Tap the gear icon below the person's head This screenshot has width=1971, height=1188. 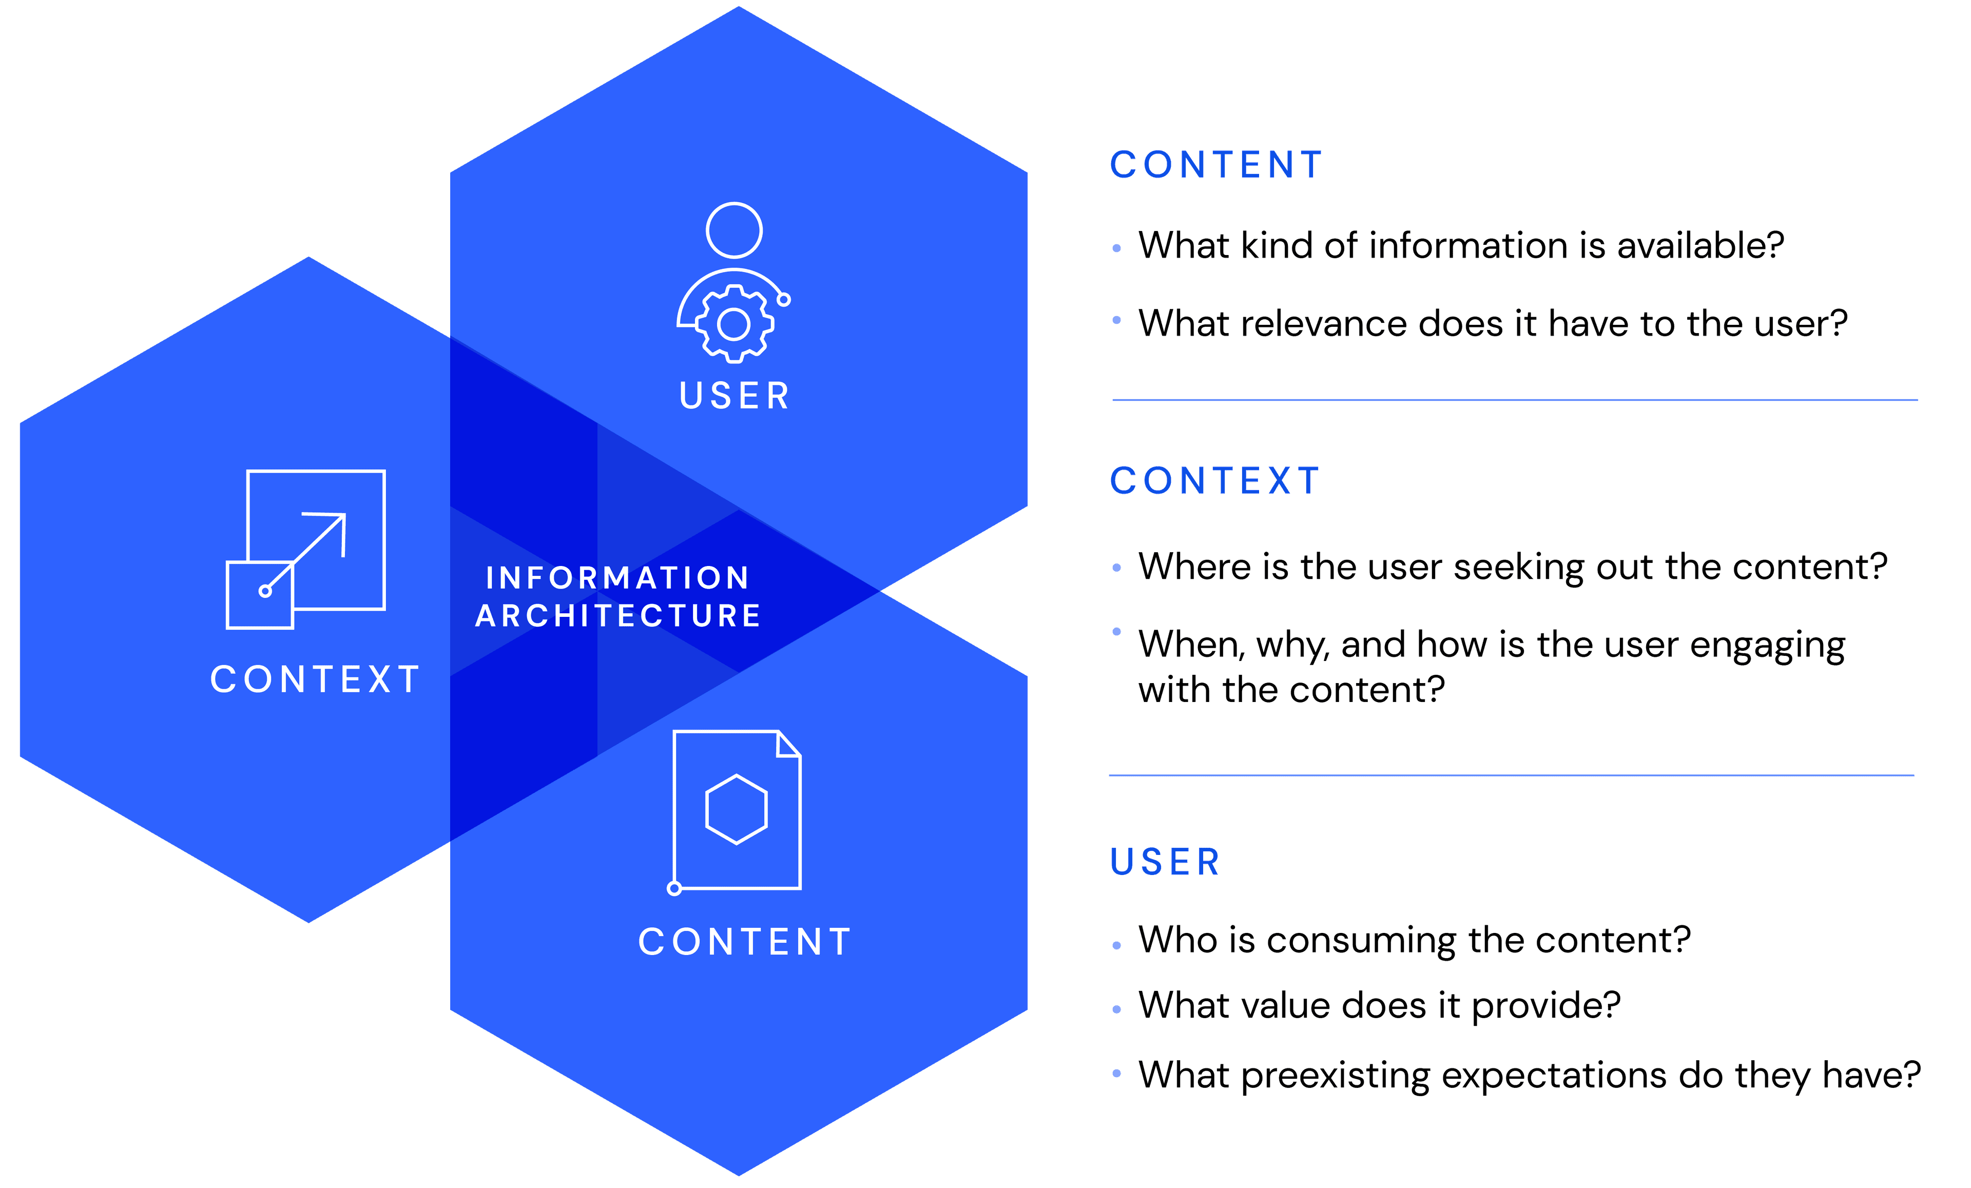733,324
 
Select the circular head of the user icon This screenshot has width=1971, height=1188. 733,230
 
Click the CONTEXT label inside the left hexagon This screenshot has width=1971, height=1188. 315,679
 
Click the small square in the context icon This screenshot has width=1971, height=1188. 260,595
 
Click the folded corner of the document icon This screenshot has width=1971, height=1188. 788,745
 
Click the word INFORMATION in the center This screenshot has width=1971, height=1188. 617,578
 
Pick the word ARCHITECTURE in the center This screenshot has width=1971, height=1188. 617,615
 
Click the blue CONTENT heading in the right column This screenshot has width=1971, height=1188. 1216,165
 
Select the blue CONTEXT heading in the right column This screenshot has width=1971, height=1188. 1214,481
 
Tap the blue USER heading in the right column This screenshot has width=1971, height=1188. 1165,862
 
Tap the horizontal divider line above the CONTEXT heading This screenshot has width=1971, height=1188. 1514,399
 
